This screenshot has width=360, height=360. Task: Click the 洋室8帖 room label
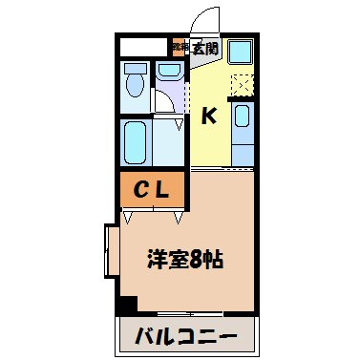coord(185,258)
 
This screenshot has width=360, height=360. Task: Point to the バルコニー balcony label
coord(187,336)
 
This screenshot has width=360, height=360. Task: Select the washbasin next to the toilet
coord(170,71)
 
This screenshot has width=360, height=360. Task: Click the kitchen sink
coord(243,121)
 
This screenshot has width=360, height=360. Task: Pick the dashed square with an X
coord(242,85)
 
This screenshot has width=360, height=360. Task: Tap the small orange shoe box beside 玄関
coord(178,45)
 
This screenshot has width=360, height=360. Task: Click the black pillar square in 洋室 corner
coord(125,305)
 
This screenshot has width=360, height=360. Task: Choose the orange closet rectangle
coord(152,189)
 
